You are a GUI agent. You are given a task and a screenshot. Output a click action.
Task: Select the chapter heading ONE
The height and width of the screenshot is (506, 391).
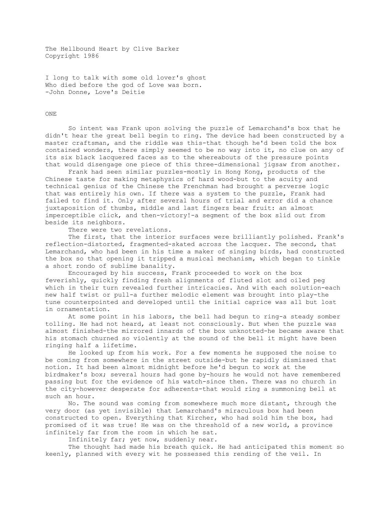click(x=51, y=114)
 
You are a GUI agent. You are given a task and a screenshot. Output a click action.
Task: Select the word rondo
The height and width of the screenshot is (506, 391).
click(x=84, y=266)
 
